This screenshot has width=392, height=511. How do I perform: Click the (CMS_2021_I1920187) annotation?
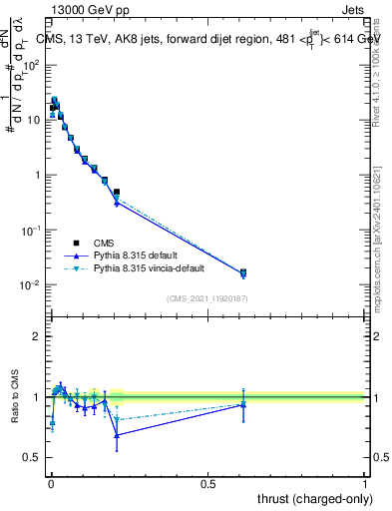206,298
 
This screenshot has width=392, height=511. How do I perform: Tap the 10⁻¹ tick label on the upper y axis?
31,231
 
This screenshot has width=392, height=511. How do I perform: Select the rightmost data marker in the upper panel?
242,272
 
